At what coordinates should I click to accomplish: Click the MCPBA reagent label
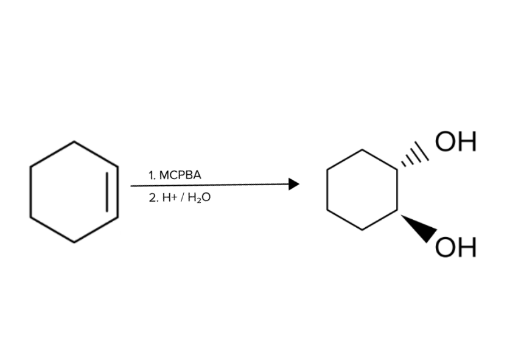180,175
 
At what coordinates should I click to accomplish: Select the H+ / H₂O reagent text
186,198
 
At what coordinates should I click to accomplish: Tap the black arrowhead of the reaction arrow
294,184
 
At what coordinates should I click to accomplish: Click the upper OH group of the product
455,141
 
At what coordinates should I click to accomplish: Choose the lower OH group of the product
455,247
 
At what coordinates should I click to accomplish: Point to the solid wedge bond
419,228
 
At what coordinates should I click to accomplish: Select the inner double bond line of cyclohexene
107,192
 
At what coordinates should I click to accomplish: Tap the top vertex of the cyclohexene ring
74,141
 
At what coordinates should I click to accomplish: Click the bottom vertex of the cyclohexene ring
74,242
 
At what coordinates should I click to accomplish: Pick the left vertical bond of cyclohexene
30,192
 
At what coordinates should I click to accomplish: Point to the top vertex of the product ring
362,150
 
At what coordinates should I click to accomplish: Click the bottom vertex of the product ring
362,230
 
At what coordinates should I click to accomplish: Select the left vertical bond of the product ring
327,190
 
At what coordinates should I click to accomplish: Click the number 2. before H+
154,198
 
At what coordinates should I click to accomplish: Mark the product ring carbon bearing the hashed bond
397,170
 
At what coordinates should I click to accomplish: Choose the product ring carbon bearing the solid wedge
397,210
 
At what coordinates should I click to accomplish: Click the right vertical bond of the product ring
397,190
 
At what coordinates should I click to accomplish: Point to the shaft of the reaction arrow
209,185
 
